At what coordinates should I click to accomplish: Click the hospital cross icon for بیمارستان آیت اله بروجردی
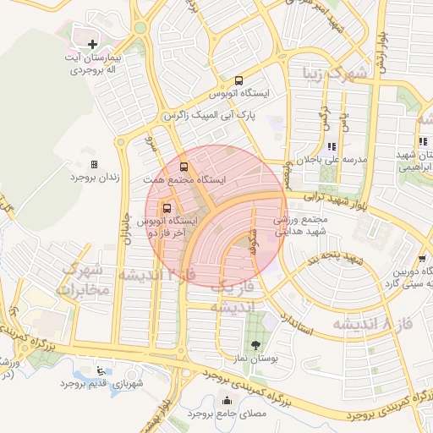pyautogui.click(x=92, y=43)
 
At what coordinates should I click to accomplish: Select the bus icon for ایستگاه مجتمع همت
pyautogui.click(x=184, y=166)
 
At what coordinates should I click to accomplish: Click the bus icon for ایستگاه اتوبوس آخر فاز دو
pyautogui.click(x=166, y=207)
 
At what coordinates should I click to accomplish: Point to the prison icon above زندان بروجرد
pyautogui.click(x=94, y=164)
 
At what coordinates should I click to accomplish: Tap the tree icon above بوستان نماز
pyautogui.click(x=255, y=343)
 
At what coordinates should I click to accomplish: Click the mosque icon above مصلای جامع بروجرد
pyautogui.click(x=226, y=402)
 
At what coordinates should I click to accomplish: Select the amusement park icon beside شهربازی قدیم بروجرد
pyautogui.click(x=102, y=370)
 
